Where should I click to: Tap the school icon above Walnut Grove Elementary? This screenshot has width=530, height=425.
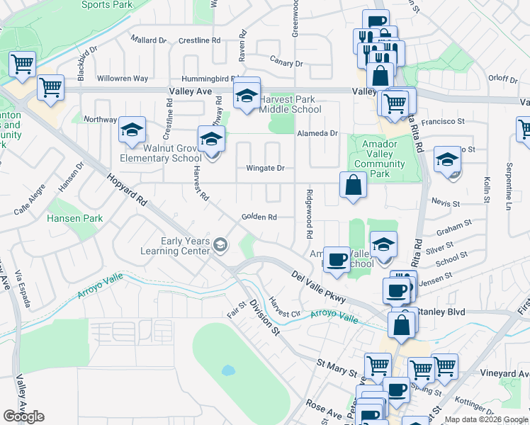[x=132, y=129]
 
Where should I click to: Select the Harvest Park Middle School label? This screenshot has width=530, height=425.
[x=290, y=104]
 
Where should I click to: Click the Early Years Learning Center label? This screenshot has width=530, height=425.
[x=185, y=246]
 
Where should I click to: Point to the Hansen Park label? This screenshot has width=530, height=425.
[x=75, y=219]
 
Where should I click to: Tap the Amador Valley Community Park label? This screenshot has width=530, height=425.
[x=379, y=159]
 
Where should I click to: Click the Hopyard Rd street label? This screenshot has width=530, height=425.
[x=127, y=191]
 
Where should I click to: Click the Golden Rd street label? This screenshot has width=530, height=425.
[x=258, y=217]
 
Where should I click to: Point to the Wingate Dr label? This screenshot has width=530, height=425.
[x=265, y=169]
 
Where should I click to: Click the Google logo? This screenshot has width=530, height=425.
[x=23, y=416]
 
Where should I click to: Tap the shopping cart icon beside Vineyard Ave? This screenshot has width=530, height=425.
[x=445, y=366]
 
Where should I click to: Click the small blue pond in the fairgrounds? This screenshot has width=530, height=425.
[x=227, y=370]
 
